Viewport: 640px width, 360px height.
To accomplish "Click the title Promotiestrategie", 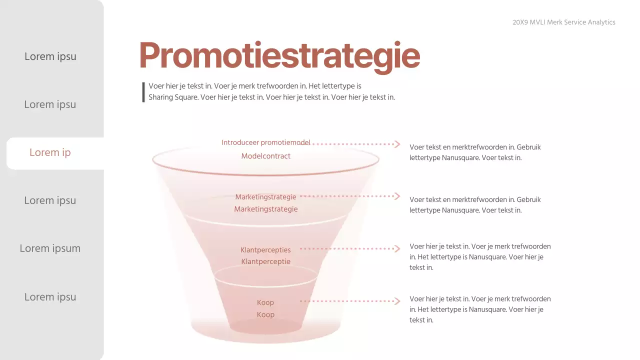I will tap(279, 55).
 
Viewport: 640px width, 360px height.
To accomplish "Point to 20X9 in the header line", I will tap(520, 22).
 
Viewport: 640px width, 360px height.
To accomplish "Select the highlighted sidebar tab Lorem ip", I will tap(50, 152).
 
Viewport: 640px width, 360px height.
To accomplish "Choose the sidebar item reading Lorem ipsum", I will tap(50, 248).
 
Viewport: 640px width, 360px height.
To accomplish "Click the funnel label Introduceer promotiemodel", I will tap(266, 142).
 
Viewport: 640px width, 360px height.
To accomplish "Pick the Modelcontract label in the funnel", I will tap(265, 156).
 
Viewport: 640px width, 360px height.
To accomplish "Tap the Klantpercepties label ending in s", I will tap(265, 250).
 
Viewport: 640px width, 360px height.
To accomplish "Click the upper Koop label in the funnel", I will tap(265, 302).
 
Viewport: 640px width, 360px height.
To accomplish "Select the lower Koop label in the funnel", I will tap(265, 314).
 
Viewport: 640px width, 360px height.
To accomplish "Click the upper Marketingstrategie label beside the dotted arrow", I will tap(265, 197).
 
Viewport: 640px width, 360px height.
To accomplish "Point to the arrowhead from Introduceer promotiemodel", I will tap(397, 144).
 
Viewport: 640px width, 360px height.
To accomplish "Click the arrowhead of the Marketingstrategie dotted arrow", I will tap(397, 196).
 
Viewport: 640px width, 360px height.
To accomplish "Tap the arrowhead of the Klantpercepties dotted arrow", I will tap(397, 248).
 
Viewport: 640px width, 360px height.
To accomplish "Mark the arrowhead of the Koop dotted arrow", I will tap(397, 301).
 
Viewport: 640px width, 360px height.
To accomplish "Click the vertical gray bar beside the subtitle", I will tap(143, 92).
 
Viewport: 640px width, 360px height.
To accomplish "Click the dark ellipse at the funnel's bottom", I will tap(265, 326).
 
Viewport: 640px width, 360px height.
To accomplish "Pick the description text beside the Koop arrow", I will tap(480, 309).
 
